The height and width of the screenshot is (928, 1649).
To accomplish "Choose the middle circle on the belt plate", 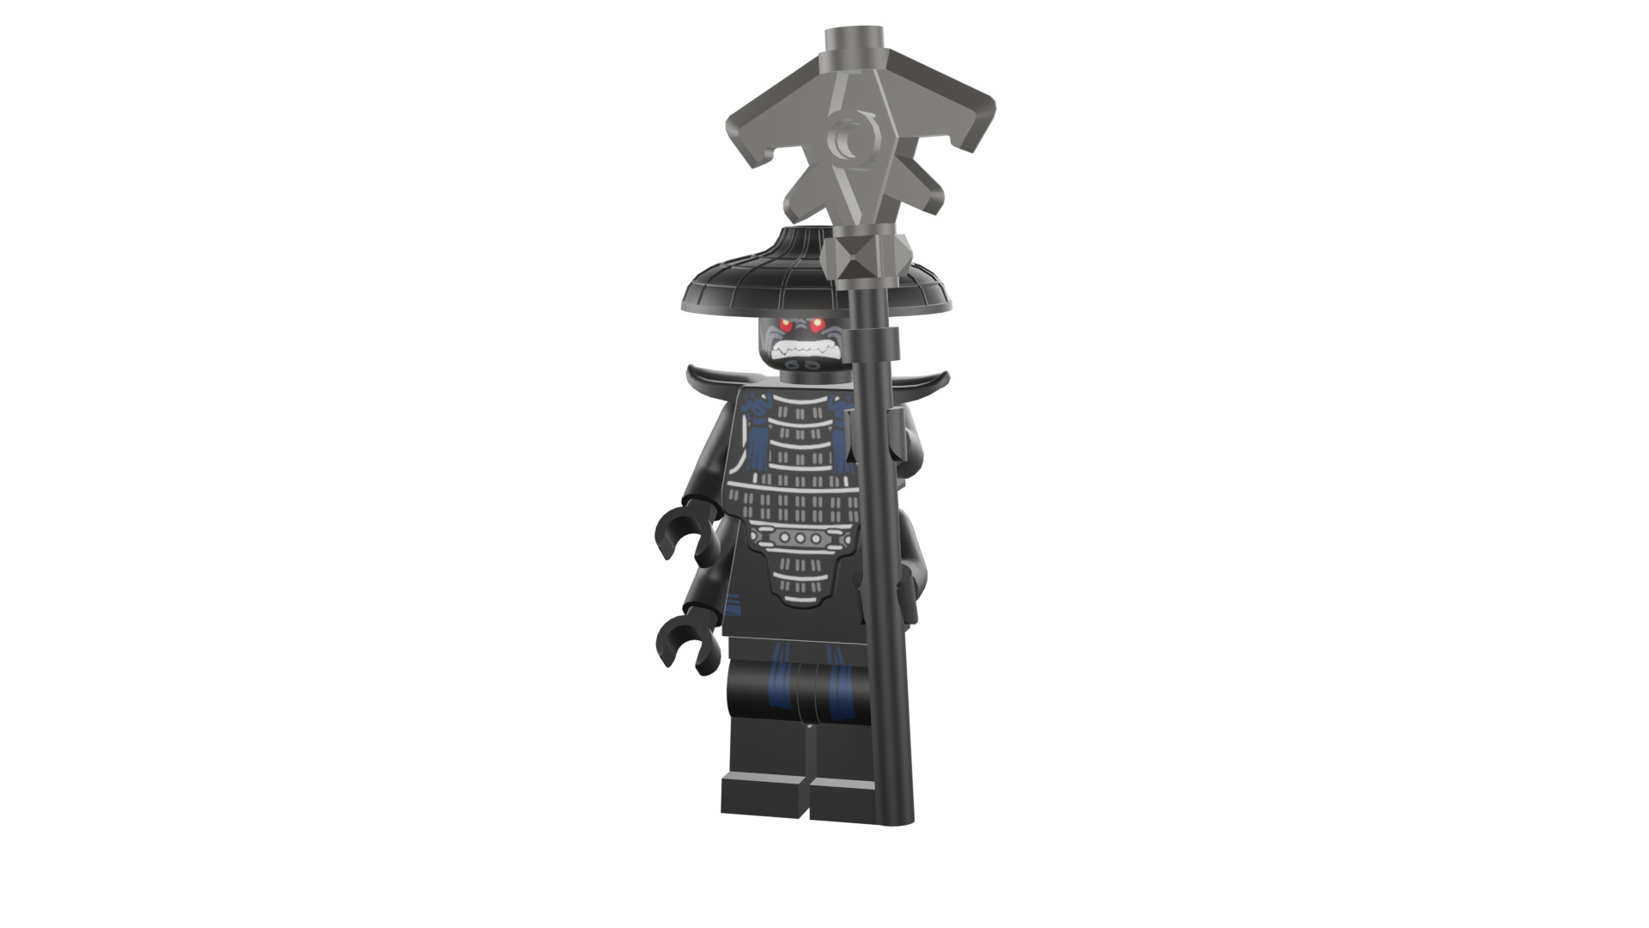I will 800,538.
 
